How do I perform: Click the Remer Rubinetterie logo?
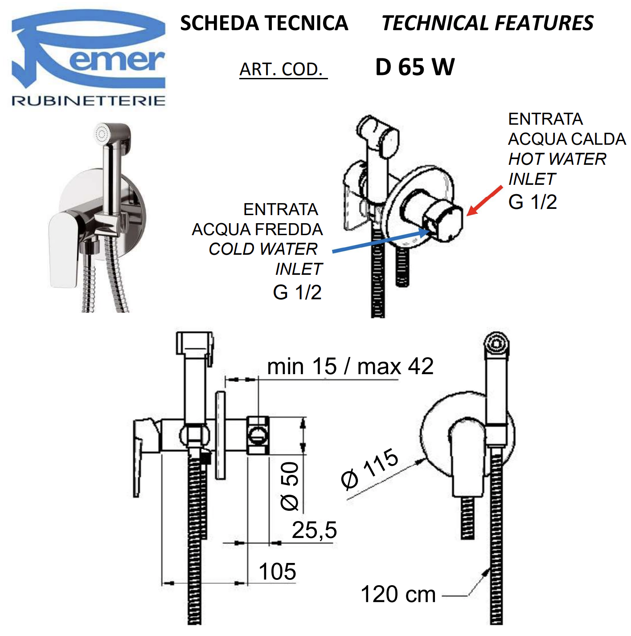click(x=88, y=58)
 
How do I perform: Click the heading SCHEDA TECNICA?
click(x=264, y=23)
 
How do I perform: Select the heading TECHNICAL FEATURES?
click(x=488, y=23)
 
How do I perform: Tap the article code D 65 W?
click(x=415, y=67)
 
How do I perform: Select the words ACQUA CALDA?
click(x=567, y=139)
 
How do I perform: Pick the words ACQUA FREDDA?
click(x=257, y=229)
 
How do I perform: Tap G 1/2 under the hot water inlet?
click(x=533, y=202)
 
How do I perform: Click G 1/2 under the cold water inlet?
click(x=297, y=293)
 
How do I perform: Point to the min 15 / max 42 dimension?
click(x=350, y=367)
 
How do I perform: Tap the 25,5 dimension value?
click(x=314, y=530)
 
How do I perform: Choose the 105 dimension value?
click(x=277, y=571)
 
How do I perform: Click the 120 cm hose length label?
click(x=398, y=595)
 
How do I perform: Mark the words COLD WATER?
click(x=263, y=249)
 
